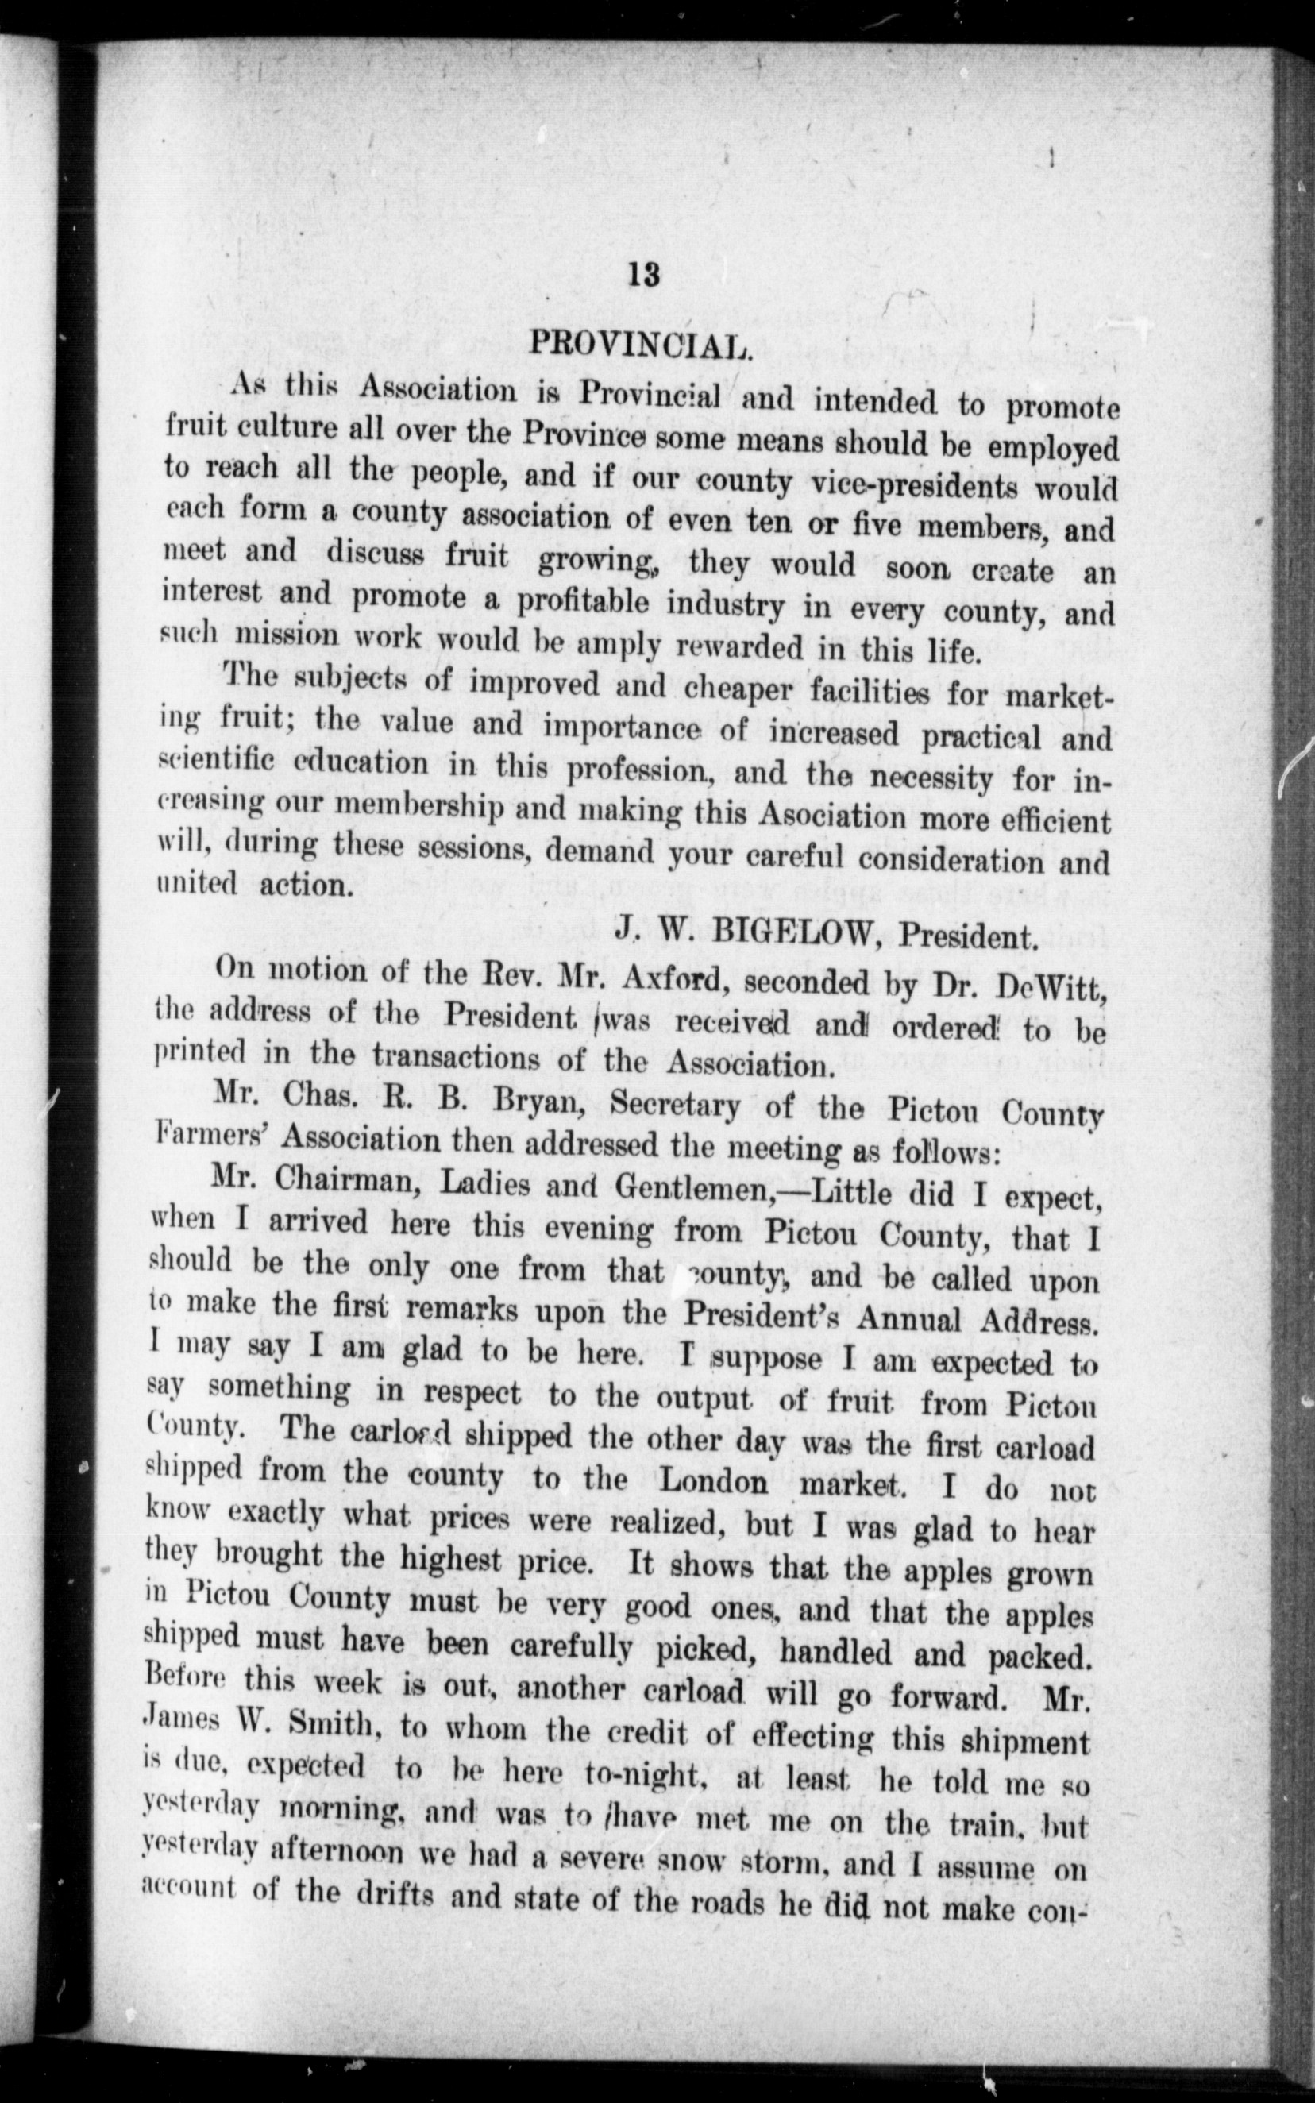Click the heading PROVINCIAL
(638, 345)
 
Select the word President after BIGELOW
(969, 936)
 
